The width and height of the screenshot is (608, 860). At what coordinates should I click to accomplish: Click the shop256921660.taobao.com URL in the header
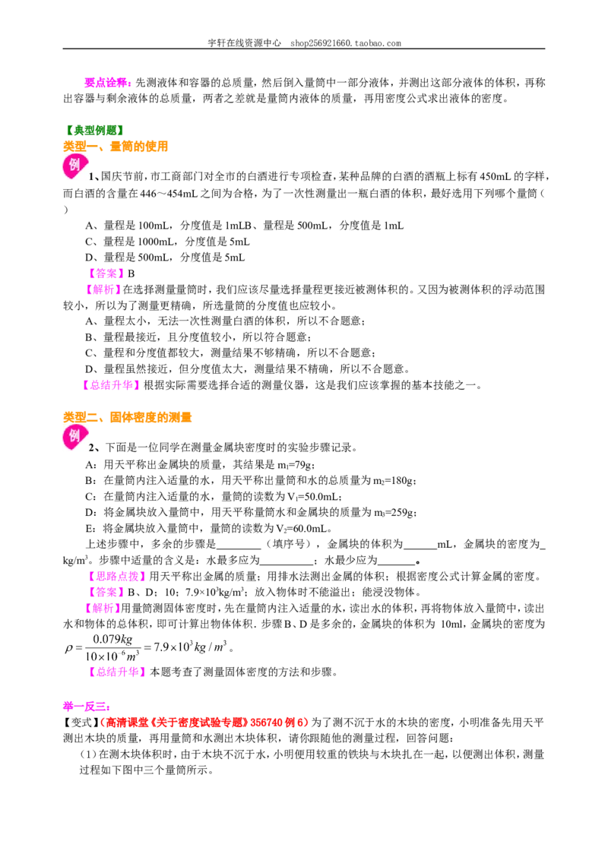346,43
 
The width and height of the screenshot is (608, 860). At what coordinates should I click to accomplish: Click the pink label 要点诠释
106,82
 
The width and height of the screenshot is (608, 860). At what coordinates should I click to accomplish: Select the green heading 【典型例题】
93,130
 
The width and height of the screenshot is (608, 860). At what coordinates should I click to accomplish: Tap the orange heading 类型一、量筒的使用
116,147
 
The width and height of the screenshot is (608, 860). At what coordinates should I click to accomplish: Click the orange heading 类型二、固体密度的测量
128,417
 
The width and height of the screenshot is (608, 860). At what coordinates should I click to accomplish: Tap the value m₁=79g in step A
295,465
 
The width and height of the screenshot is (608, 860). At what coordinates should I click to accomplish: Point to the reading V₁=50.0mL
313,497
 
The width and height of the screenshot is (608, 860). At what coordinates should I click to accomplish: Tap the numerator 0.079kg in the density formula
112,640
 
